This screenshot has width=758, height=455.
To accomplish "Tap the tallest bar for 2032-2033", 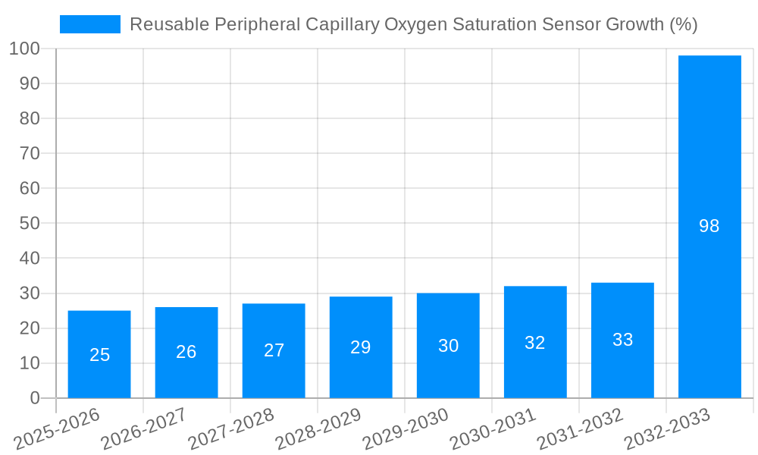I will (709, 152).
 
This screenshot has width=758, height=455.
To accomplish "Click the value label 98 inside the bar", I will (709, 226).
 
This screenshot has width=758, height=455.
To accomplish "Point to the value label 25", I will (100, 355).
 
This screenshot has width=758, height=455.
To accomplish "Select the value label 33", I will (623, 340).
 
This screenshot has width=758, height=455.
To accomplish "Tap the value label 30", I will (449, 346).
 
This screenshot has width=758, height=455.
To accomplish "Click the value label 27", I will (274, 350).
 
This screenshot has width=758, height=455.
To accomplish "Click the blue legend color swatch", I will (90, 24).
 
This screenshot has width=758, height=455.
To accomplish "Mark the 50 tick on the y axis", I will (30, 224).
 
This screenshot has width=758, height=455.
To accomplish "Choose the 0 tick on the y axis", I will (35, 398).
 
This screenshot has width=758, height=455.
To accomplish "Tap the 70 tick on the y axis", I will (30, 154).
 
